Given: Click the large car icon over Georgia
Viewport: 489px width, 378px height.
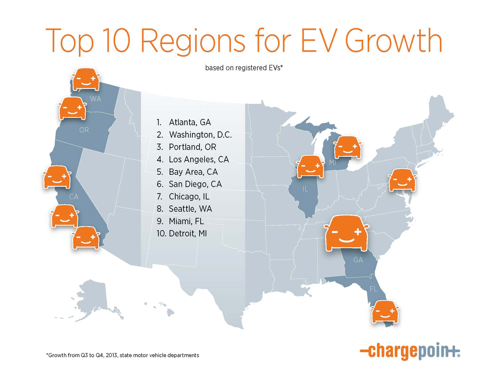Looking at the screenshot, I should coord(346,233).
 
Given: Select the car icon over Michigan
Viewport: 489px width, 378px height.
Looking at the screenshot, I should coord(347,147).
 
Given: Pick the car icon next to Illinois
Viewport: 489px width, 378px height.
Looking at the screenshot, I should coord(310,166).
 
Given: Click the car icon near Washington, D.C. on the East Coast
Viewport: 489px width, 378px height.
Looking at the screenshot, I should coord(402,180).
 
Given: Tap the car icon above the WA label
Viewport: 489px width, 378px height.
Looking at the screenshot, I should coord(86,79).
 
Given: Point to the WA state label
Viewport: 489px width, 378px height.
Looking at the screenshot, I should coord(96,99).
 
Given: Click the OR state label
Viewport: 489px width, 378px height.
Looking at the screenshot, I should coord(84,130).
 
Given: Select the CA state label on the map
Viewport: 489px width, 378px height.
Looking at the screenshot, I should coord(74,196).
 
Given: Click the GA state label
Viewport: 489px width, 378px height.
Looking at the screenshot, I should coord(358,260).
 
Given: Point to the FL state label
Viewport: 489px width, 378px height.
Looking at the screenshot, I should coord(373,289).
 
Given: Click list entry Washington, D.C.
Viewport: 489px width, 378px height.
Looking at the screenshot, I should coord(200,135).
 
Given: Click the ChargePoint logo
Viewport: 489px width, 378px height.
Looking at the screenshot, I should coord(410,352).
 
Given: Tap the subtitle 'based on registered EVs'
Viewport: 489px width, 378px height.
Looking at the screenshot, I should coord(244,68).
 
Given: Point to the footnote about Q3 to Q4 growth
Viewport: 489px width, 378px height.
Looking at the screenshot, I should coord(122,355).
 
